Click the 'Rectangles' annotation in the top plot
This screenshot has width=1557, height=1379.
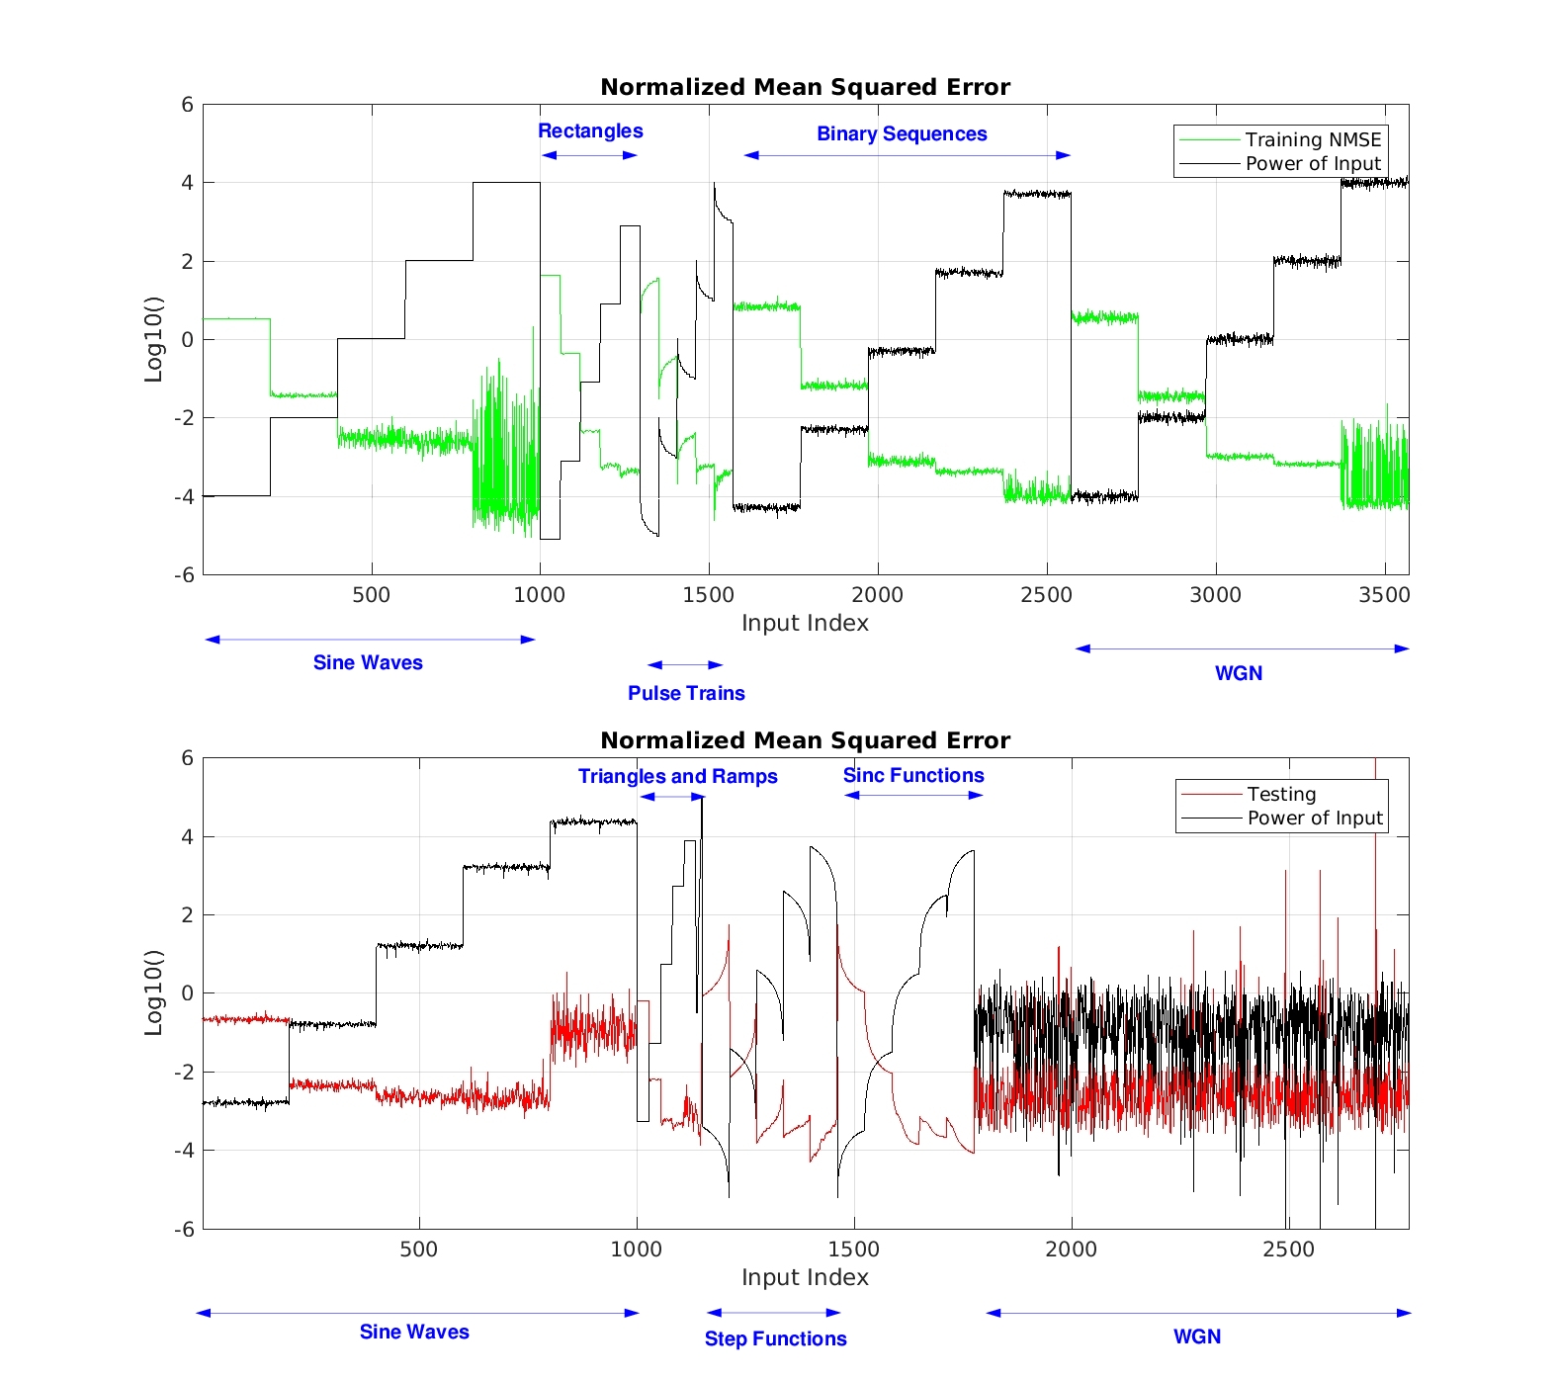click(x=590, y=130)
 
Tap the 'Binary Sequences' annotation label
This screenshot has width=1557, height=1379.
click(x=902, y=133)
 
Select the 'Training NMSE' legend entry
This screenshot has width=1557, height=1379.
click(x=1312, y=139)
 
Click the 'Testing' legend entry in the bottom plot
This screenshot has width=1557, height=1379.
click(x=1281, y=794)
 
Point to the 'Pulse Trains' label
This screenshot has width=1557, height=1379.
click(x=686, y=693)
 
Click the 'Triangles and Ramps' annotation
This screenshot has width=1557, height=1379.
click(x=677, y=776)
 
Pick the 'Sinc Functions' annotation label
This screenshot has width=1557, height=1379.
click(x=913, y=775)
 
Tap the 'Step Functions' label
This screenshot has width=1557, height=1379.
click(x=775, y=1338)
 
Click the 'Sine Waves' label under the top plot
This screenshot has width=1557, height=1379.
click(x=368, y=662)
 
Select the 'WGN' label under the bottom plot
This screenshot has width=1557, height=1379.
click(x=1196, y=1336)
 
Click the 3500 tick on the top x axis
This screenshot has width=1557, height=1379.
click(x=1384, y=595)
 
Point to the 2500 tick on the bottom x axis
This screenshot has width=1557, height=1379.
click(x=1288, y=1250)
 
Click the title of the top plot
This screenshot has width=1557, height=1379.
click(x=805, y=87)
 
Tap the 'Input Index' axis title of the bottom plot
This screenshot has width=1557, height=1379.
click(x=805, y=1277)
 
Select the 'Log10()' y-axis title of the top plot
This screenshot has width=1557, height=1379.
click(x=153, y=339)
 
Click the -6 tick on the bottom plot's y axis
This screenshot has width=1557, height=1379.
click(x=185, y=1230)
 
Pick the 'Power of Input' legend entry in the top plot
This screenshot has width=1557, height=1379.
click(x=1312, y=163)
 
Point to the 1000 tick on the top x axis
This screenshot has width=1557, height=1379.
click(x=539, y=595)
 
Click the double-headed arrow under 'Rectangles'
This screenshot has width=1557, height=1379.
click(x=590, y=155)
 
